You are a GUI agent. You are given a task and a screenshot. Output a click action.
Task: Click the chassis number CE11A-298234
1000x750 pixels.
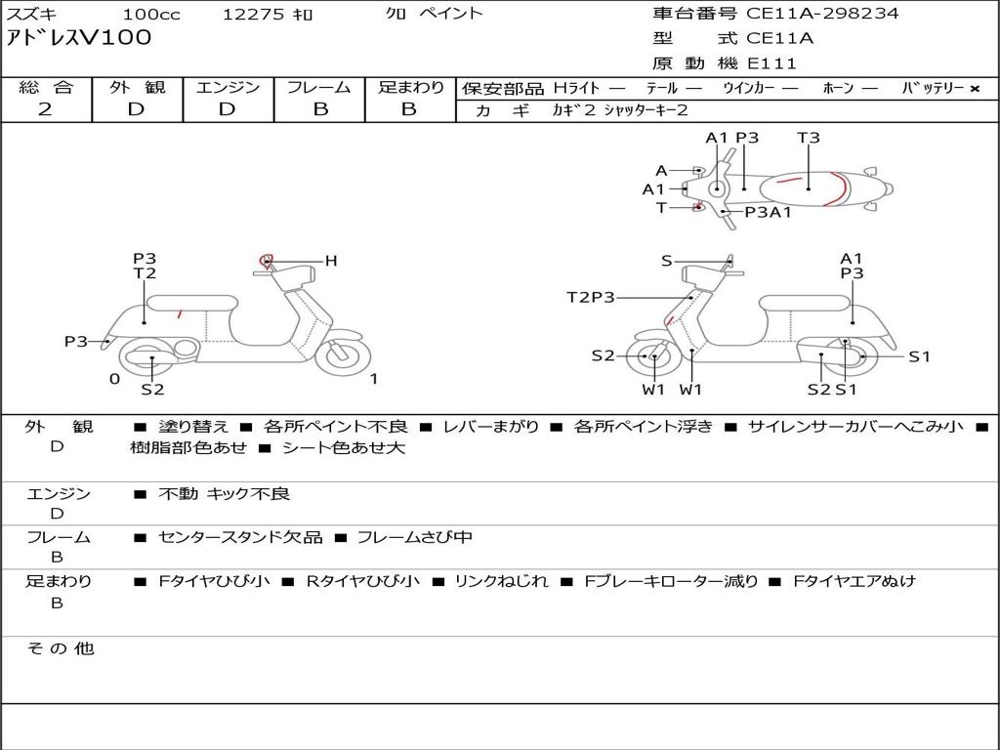click(x=822, y=14)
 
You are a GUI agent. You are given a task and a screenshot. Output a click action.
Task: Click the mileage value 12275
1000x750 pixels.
click(x=253, y=15)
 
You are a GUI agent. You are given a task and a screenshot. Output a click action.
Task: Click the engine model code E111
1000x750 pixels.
click(x=772, y=63)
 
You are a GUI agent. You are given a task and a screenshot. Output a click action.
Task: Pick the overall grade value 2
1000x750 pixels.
click(x=45, y=109)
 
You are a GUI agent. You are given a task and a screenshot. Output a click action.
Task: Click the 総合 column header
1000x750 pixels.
click(x=46, y=88)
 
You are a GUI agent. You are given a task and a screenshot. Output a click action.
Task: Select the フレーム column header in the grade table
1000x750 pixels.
click(x=318, y=88)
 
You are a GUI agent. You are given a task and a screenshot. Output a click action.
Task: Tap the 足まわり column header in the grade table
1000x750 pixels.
click(x=410, y=88)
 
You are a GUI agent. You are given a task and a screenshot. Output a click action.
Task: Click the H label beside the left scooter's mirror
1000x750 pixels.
click(x=331, y=261)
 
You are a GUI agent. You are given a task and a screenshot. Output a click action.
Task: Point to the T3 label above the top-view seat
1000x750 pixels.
click(x=809, y=138)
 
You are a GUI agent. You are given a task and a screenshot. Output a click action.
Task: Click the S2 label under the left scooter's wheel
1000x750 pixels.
click(x=152, y=390)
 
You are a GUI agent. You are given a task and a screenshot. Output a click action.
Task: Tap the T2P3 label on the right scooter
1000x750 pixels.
click(x=591, y=298)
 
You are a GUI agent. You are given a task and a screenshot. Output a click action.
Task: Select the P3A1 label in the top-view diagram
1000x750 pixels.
click(x=768, y=212)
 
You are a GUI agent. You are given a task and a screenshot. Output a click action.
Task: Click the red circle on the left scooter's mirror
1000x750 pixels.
click(x=266, y=260)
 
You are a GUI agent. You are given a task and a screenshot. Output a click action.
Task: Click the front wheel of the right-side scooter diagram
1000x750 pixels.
click(x=652, y=357)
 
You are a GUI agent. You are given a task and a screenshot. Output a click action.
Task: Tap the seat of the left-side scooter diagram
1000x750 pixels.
click(x=192, y=302)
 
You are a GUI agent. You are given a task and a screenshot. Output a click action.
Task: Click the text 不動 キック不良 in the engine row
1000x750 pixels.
click(x=225, y=494)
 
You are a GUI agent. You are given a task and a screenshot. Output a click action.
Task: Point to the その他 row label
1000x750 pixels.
click(x=60, y=648)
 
